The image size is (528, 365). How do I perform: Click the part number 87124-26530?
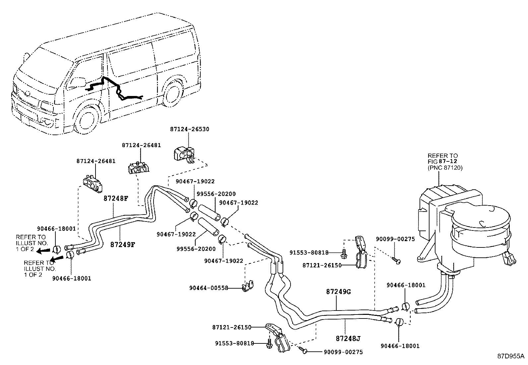(x=190, y=129)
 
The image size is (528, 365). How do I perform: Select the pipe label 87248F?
(x=115, y=199)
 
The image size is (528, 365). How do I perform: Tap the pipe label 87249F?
(x=123, y=245)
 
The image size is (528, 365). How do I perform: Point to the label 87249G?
(x=338, y=292)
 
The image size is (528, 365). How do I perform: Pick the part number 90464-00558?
(x=209, y=288)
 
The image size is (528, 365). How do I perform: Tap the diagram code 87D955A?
(x=510, y=356)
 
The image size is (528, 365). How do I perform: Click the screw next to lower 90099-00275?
(x=303, y=349)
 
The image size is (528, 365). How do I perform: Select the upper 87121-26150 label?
(x=322, y=265)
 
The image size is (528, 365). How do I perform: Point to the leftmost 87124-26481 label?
(x=96, y=161)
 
